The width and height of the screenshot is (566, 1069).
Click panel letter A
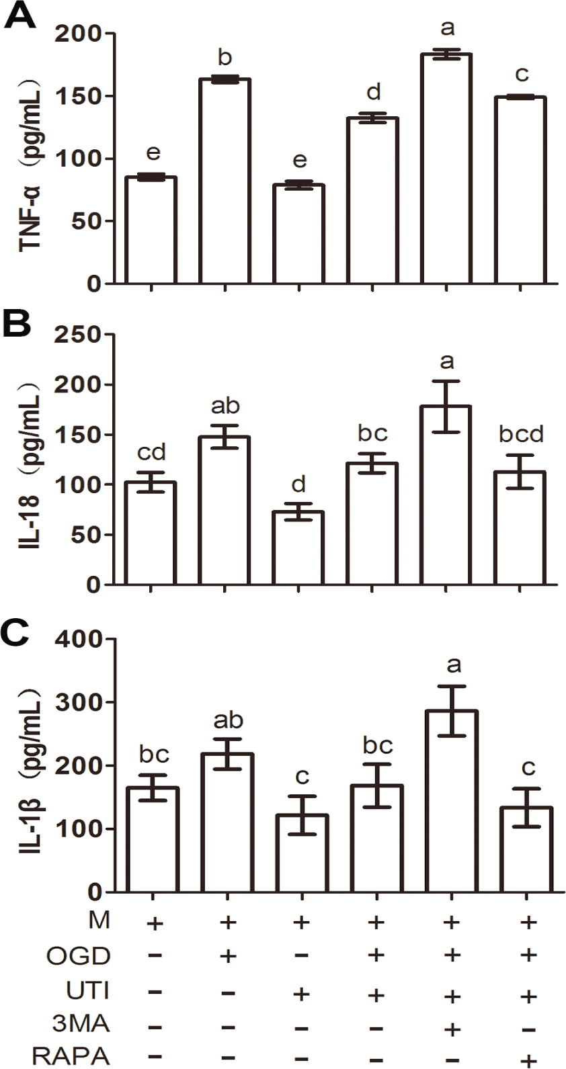click(20, 15)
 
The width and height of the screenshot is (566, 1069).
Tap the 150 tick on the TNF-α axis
click(83, 96)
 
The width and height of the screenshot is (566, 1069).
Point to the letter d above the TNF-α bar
click(373, 91)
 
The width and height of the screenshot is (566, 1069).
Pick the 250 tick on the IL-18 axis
click(83, 335)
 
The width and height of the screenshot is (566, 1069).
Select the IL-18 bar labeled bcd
click(520, 528)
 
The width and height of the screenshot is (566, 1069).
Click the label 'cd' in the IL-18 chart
click(151, 453)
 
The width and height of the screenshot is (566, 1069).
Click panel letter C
click(18, 632)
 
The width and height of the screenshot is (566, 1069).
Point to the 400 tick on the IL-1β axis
click(83, 639)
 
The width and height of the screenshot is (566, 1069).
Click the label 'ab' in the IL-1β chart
click(228, 720)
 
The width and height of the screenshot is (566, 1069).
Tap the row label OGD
click(79, 955)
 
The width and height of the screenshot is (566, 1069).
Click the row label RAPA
click(71, 1056)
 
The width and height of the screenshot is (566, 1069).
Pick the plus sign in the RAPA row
click(529, 1060)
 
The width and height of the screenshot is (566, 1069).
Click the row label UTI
click(88, 990)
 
